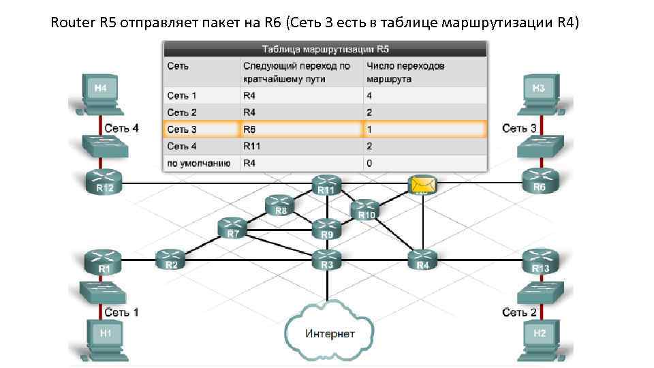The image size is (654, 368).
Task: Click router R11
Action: click(326, 185)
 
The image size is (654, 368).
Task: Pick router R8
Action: click(280, 204)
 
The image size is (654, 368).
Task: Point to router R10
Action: click(366, 209)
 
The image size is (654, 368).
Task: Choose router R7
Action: click(233, 228)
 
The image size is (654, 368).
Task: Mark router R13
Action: click(540, 261)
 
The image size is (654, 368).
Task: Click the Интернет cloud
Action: click(330, 333)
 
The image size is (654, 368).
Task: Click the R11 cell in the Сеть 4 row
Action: click(251, 146)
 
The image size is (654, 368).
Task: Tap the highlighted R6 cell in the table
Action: click(251, 129)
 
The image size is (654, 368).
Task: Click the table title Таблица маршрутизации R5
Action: click(325, 49)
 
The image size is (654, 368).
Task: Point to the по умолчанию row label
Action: click(199, 164)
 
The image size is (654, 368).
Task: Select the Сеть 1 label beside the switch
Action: click(121, 312)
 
